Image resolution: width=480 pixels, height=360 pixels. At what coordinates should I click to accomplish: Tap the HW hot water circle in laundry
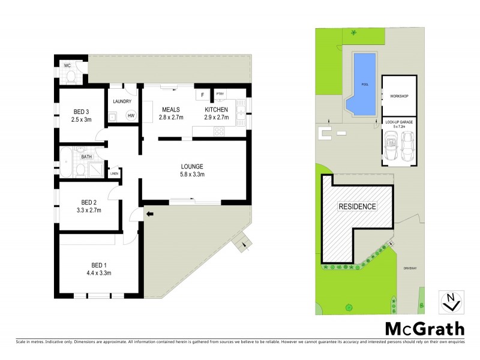point(131,116)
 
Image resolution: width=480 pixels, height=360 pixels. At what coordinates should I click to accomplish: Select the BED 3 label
point(82,112)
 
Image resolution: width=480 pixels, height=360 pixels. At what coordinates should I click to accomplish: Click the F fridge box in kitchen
point(202,95)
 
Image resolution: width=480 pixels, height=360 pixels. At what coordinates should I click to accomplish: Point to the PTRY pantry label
point(220,94)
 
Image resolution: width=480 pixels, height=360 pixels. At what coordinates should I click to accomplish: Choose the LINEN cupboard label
point(114,174)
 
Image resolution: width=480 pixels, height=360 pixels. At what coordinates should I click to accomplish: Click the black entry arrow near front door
point(149,212)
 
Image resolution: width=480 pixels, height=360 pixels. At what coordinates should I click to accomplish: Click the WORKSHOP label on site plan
point(399,96)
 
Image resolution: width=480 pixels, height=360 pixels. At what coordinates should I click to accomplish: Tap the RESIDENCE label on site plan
point(358,206)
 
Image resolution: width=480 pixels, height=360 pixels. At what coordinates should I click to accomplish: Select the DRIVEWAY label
point(410,268)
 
